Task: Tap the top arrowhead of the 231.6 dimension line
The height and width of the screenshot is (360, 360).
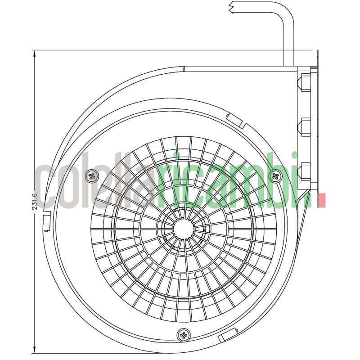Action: click(x=35, y=54)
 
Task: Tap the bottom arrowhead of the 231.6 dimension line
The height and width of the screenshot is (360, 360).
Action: click(x=35, y=350)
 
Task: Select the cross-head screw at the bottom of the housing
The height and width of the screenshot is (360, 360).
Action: click(x=184, y=334)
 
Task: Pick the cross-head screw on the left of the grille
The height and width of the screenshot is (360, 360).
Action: click(x=93, y=176)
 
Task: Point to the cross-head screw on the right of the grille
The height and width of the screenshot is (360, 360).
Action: click(x=275, y=176)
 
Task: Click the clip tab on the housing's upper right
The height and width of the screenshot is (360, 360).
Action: click(x=234, y=120)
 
